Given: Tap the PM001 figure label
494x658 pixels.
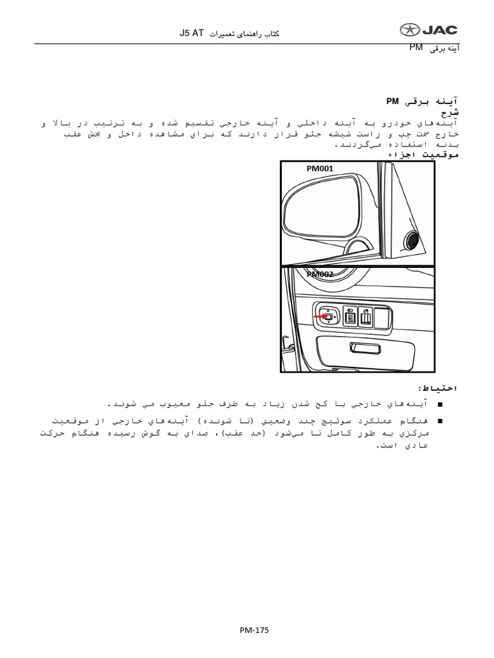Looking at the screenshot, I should point(319,169).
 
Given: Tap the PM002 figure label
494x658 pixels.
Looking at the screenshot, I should point(319,274).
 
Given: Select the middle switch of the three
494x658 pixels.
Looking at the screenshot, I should point(351,316).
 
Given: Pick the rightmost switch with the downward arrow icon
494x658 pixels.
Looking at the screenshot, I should point(365,316).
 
